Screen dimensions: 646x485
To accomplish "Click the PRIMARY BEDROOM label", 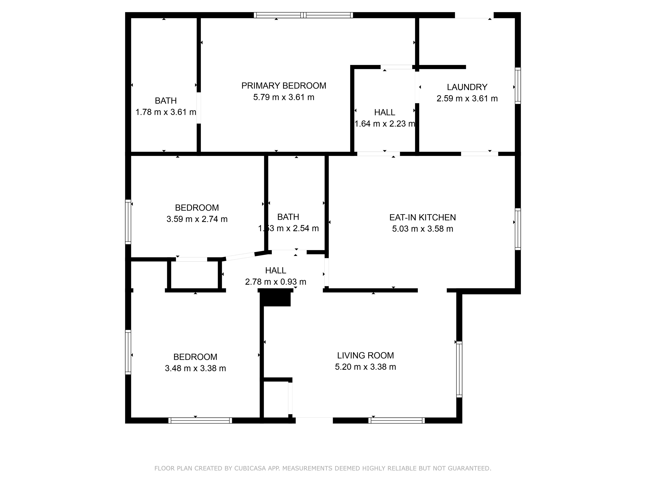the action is click(x=284, y=86).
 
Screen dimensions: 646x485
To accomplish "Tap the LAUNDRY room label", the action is click(x=467, y=87).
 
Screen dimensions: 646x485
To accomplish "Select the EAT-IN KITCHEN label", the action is click(x=422, y=217).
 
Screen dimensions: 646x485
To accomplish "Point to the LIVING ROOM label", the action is click(x=365, y=355).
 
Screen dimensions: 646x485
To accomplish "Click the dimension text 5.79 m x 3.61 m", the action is click(x=284, y=97).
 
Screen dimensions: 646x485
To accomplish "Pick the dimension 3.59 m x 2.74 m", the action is click(x=197, y=219).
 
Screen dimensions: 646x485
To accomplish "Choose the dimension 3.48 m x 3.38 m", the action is click(x=195, y=368).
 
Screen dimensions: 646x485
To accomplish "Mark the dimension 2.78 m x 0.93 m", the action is click(x=275, y=282).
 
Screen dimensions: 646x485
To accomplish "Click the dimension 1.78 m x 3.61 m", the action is click(x=166, y=112).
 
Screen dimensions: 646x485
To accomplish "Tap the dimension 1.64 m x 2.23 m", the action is click(x=385, y=124).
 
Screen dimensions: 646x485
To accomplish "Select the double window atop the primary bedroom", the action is click(x=303, y=15).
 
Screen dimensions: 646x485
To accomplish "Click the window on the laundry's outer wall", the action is click(x=518, y=86).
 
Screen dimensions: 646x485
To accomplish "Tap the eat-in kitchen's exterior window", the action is click(x=518, y=229).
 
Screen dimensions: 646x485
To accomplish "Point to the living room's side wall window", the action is click(x=459, y=369).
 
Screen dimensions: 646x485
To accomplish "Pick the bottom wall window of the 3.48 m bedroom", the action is click(x=200, y=420).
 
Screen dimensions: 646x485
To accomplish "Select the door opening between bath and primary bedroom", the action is click(x=199, y=108).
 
